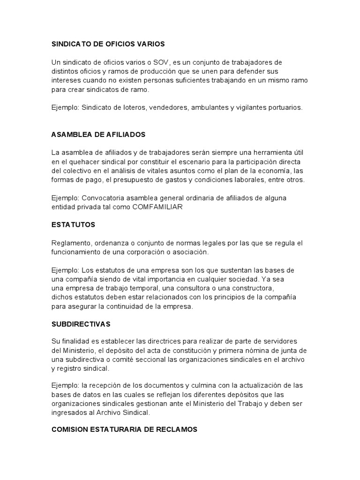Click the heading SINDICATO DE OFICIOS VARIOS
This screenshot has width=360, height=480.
pyautogui.click(x=108, y=44)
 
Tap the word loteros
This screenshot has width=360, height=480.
pyautogui.click(x=135, y=107)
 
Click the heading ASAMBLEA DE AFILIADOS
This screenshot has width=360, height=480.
pyautogui.click(x=98, y=135)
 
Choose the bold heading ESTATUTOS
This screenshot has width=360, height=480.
pyautogui.click(x=73, y=225)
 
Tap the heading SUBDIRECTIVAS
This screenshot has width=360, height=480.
pyautogui.click(x=81, y=324)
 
